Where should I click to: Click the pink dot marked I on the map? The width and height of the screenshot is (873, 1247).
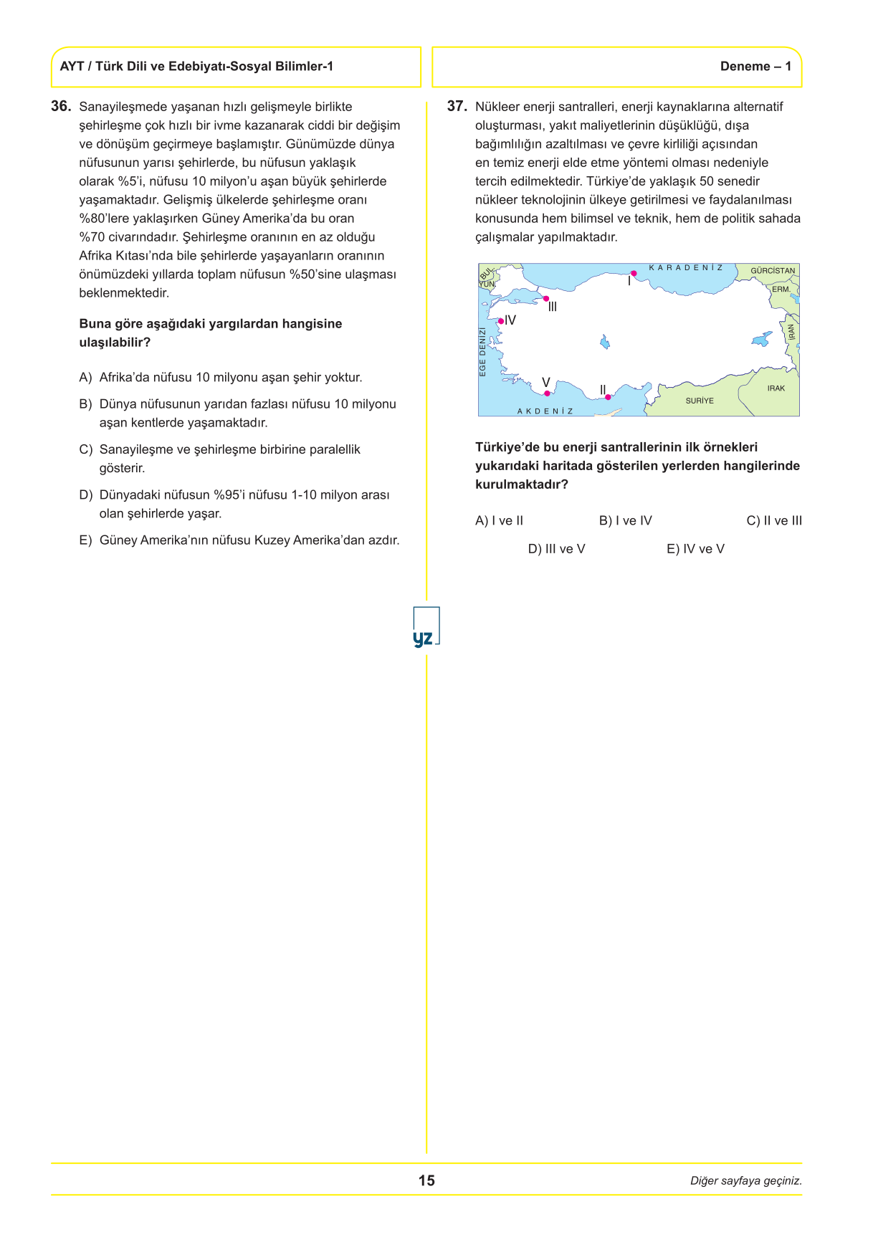634,273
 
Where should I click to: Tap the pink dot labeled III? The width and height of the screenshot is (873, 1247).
546,299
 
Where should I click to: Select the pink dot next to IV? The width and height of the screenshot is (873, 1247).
501,321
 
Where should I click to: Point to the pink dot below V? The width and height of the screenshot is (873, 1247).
547,393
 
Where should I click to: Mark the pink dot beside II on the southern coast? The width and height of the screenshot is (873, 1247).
608,397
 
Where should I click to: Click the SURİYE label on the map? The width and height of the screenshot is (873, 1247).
700,401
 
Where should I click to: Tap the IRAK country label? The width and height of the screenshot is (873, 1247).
776,388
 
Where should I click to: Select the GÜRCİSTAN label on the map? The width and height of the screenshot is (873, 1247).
773,271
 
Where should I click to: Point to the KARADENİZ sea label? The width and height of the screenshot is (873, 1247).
686,268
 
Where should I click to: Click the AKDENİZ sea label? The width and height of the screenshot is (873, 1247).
545,411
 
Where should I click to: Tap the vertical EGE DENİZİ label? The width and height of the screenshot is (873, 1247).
483,352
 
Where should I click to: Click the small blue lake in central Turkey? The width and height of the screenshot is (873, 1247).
605,342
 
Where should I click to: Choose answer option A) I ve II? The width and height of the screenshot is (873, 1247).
500,521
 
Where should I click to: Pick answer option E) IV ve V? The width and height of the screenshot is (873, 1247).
695,549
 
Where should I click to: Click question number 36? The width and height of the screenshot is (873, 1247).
61,107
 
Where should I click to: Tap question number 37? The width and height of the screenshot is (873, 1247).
457,107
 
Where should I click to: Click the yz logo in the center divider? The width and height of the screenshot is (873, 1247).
426,628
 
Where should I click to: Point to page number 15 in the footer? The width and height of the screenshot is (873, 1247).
426,1180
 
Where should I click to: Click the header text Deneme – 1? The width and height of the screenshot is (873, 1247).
755,67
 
